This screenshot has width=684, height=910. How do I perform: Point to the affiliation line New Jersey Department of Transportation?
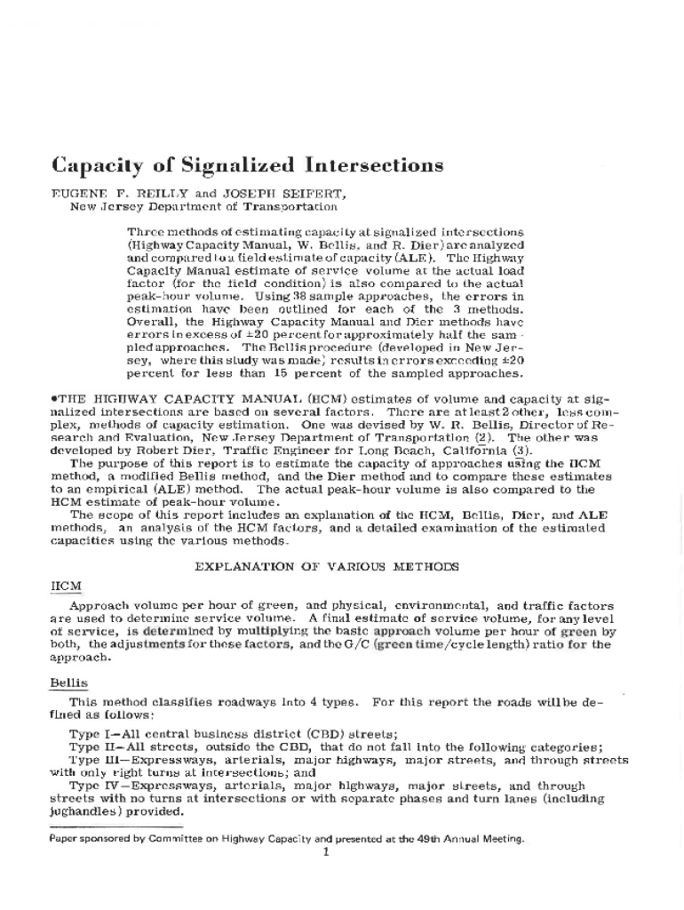coord(203,206)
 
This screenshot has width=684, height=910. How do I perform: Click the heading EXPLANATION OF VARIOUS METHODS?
coord(327,566)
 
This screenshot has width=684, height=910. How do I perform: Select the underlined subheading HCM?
coord(67,586)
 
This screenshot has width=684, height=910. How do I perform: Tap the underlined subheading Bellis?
coord(68,682)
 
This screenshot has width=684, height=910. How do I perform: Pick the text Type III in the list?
coord(95,760)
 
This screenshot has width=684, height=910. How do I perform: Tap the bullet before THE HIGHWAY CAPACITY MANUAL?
coord(53,399)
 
